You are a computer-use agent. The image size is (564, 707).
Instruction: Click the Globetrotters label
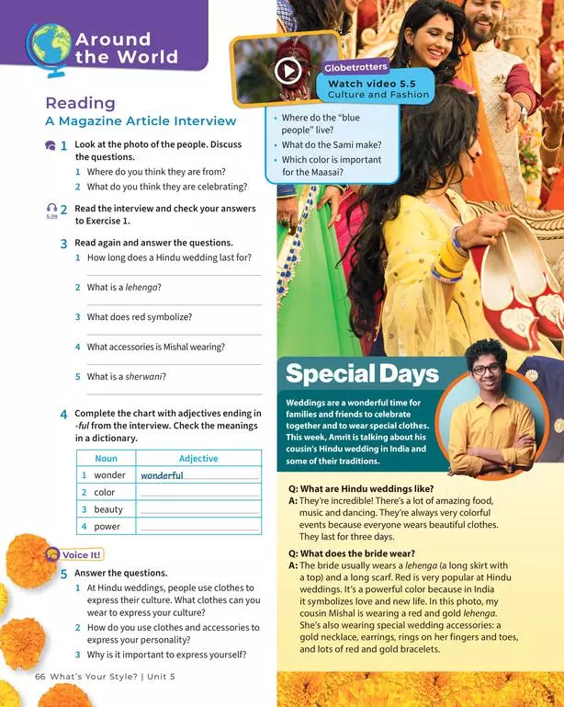355,67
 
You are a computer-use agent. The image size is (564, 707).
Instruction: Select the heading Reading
80,103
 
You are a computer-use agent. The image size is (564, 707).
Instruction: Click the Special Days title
362,373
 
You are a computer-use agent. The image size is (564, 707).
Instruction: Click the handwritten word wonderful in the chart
162,475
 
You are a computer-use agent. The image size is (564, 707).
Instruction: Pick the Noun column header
106,458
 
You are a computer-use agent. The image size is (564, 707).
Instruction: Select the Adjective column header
198,458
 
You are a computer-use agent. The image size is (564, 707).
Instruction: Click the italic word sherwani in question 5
145,376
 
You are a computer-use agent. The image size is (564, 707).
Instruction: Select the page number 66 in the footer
39,676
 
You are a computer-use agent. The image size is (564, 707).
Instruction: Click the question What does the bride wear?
352,553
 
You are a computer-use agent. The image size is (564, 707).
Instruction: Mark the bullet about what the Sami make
332,144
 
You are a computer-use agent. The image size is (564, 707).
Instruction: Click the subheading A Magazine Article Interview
141,121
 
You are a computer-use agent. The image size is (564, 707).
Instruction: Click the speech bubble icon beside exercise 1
50,146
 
